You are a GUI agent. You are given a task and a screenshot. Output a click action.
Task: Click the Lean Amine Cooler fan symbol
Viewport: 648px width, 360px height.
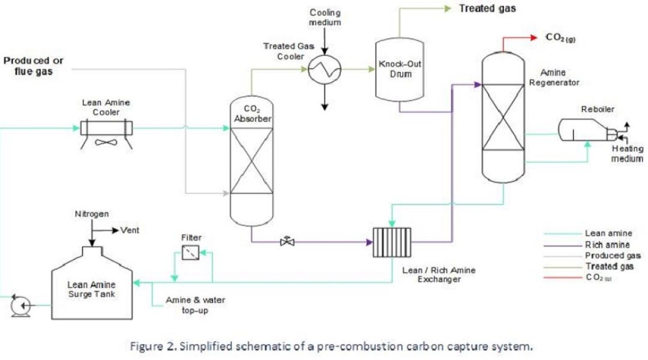click(107, 143)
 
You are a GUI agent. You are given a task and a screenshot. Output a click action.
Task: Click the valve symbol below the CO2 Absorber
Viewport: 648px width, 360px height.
click(288, 242)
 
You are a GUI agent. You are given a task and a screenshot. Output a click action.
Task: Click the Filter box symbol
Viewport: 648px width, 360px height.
click(192, 253)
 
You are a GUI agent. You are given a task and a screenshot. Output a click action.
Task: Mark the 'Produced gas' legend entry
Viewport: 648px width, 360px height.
click(608, 255)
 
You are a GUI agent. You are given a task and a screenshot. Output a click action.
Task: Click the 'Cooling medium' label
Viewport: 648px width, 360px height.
click(325, 17)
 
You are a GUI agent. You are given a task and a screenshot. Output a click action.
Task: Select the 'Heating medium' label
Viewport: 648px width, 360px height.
click(628, 154)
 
